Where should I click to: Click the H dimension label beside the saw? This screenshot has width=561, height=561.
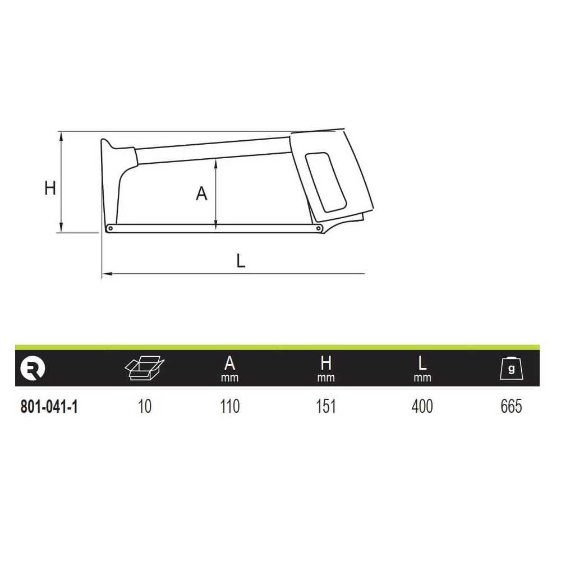(50, 188)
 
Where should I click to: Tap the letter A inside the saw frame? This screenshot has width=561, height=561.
(201, 194)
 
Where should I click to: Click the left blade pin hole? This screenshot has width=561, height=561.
(111, 228)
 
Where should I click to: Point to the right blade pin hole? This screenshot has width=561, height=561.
(318, 228)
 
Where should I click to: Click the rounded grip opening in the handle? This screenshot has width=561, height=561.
(325, 182)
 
